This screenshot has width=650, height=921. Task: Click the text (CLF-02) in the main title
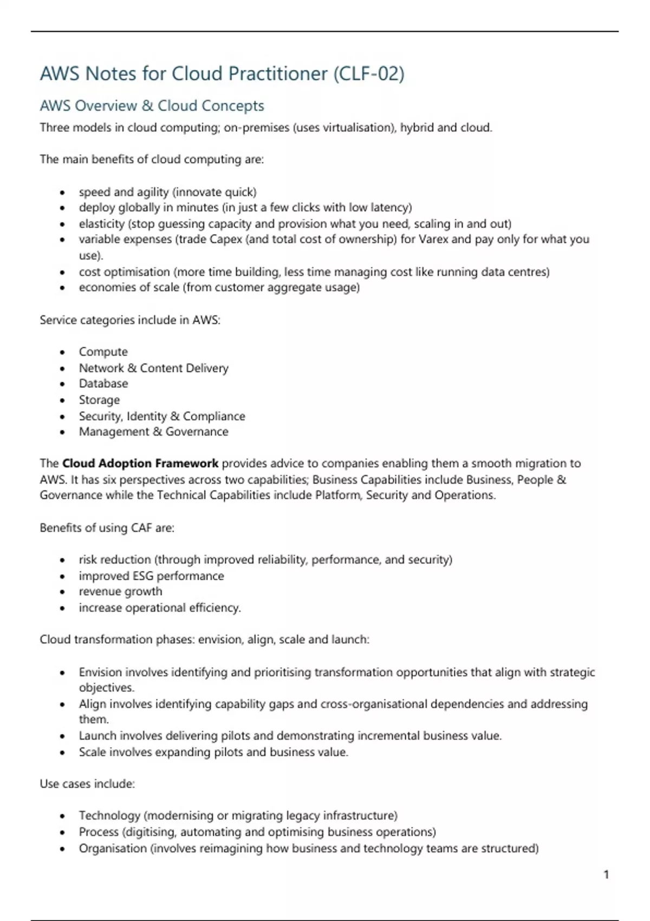click(368, 74)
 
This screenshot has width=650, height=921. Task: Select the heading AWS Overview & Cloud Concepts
click(152, 106)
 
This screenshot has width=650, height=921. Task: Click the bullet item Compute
click(103, 352)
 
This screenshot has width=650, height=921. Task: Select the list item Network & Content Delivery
click(153, 368)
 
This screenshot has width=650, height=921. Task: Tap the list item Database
click(103, 384)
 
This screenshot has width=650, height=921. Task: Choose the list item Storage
click(99, 400)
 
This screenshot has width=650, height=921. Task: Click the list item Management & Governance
click(153, 432)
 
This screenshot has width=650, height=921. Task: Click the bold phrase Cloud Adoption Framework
click(140, 464)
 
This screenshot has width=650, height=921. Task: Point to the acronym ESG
click(143, 576)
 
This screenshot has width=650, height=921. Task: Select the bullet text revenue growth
click(120, 592)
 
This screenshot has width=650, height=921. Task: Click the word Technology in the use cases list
click(109, 816)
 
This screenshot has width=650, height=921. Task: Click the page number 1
click(606, 874)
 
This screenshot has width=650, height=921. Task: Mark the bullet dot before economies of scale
click(63, 288)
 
